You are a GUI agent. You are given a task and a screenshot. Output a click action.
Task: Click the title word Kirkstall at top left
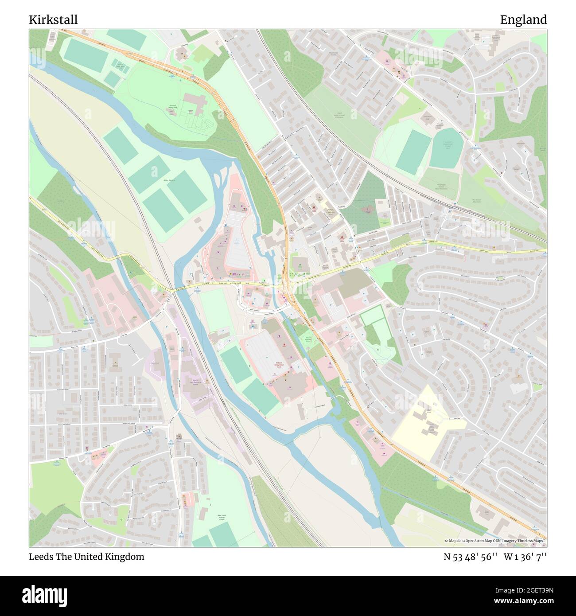coord(53,20)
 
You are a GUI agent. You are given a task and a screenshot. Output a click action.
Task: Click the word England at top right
coord(523,20)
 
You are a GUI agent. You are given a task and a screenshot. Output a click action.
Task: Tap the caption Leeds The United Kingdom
coord(86,557)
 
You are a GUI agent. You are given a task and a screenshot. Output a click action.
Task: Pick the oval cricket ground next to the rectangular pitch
coord(447,147)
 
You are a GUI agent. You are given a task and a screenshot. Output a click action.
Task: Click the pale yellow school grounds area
coord(425,421)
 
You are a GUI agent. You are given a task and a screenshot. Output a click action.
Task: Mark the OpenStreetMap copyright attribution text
coord(495,541)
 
